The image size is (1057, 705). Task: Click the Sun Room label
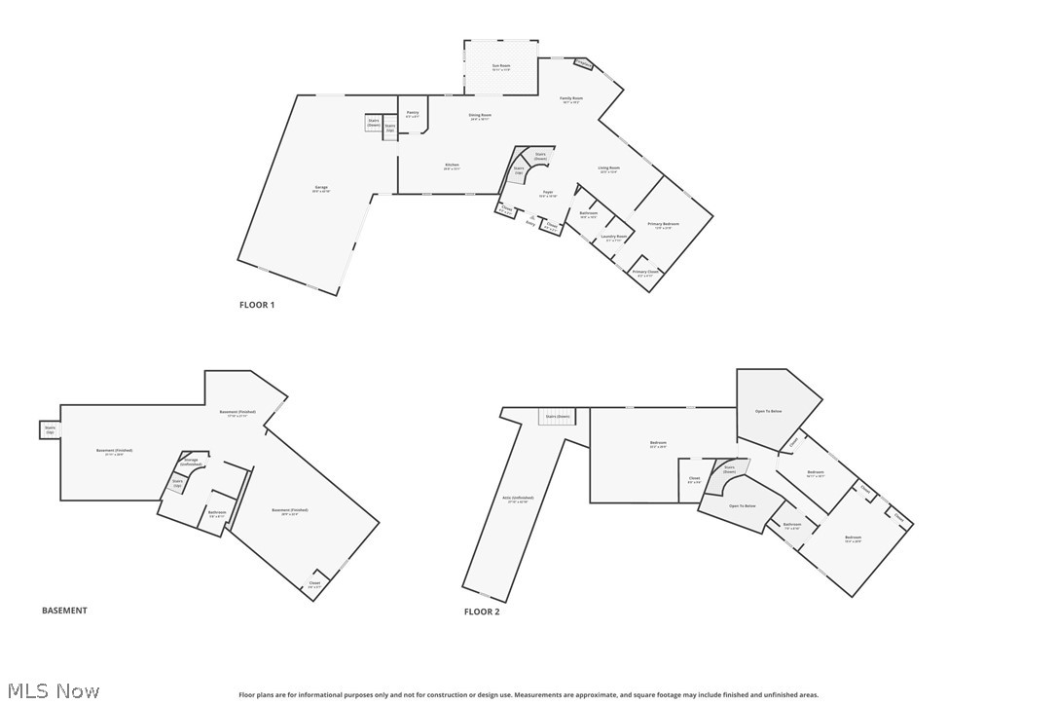pos(501,67)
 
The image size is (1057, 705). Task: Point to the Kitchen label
pos(452,167)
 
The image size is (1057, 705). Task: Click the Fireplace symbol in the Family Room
pos(582,65)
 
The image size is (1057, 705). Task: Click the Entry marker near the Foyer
pos(531,221)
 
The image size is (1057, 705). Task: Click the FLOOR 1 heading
pos(257,305)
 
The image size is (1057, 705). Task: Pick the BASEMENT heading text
pos(64,611)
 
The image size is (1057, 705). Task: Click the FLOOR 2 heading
pos(481,612)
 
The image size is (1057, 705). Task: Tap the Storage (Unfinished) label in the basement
pos(191,462)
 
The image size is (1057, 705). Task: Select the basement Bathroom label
pos(217,513)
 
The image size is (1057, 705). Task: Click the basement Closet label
pos(314,584)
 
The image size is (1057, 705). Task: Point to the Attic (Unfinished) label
pos(516,500)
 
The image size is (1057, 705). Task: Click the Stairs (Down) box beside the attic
pos(557,416)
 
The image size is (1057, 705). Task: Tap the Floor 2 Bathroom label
pos(792,526)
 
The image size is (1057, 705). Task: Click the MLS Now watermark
pos(51,691)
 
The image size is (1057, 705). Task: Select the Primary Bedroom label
pos(663,225)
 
